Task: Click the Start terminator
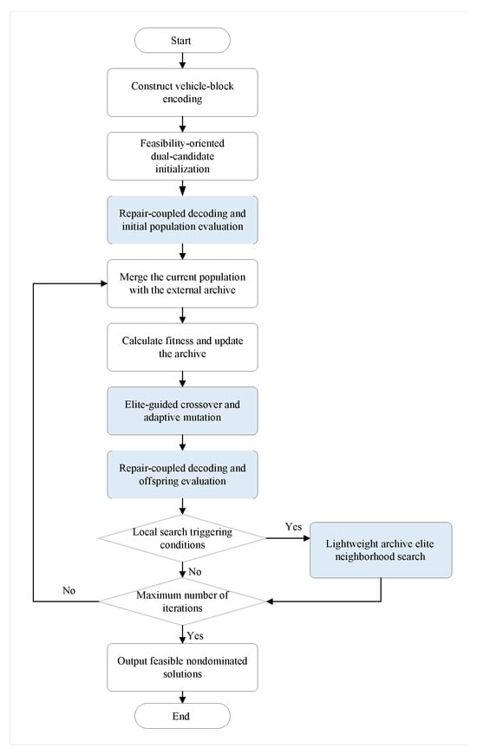(182, 41)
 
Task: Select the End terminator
(182, 716)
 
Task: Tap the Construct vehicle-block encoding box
(182, 93)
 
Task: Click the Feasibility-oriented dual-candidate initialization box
(182, 156)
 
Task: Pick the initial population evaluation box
(182, 220)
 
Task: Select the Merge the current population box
(182, 283)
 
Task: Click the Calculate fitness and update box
(182, 348)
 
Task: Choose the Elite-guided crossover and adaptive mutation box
(182, 411)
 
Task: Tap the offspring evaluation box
(182, 475)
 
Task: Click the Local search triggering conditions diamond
(182, 538)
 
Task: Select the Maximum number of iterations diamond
(182, 601)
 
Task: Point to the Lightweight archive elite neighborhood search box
(380, 550)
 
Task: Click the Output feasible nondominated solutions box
(182, 667)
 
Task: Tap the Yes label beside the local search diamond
(293, 527)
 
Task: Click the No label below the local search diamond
(194, 572)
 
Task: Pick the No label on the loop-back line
(69, 590)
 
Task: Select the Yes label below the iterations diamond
(195, 636)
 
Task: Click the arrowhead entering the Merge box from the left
(103, 283)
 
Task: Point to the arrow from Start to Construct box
(182, 61)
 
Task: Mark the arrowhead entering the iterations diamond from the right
(270, 601)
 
